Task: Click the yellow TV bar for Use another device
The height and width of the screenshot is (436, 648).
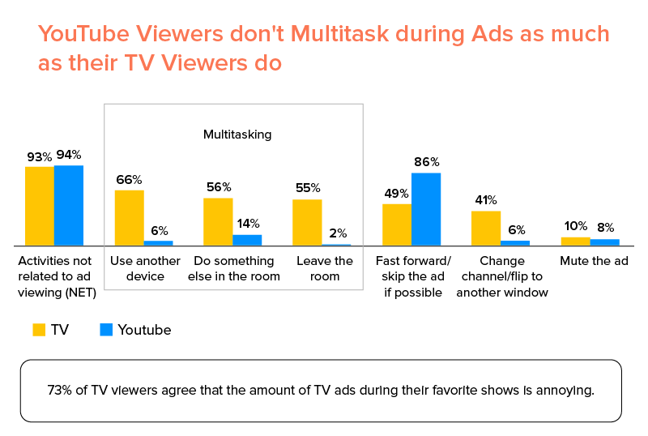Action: pos(129,217)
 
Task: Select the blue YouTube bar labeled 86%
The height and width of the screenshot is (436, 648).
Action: pos(426,208)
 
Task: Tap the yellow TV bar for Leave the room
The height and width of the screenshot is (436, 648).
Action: pos(307,222)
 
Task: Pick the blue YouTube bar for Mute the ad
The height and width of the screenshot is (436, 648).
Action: pos(604,242)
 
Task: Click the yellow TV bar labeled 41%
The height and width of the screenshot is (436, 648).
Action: pos(486,228)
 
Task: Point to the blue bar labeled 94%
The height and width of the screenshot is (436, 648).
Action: pos(69,205)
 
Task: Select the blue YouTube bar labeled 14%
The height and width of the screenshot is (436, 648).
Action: pos(247,240)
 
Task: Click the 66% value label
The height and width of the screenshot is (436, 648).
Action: pos(129,179)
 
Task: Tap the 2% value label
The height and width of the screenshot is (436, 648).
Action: pos(336,232)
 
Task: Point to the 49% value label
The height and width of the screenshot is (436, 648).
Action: pos(396,193)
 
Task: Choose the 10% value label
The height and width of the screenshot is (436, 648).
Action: pos(575,227)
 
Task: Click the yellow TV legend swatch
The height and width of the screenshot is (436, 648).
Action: pos(39,330)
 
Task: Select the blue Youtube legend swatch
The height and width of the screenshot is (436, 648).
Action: pos(105,330)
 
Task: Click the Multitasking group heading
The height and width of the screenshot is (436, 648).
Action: pos(237,135)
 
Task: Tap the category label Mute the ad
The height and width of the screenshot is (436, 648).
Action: pos(594,261)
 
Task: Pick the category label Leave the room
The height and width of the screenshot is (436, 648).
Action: pos(325,268)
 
